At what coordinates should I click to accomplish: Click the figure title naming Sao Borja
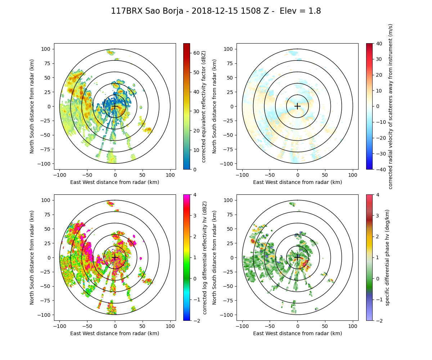point(216,11)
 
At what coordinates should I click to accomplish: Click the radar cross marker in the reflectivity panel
point(115,106)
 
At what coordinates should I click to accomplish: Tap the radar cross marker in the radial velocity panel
point(297,106)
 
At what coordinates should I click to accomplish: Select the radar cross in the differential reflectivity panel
point(115,257)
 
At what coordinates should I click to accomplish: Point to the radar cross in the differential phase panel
point(297,257)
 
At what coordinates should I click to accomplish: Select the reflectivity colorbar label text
point(203,106)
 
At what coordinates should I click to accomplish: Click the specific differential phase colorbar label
point(387,257)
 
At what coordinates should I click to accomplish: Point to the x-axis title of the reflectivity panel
point(115,182)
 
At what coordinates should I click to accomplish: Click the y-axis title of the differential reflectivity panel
point(32,257)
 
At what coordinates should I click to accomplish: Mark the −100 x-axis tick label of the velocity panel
point(242,175)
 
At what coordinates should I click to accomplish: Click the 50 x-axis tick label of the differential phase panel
point(325,326)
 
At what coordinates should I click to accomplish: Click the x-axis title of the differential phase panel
point(297,333)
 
